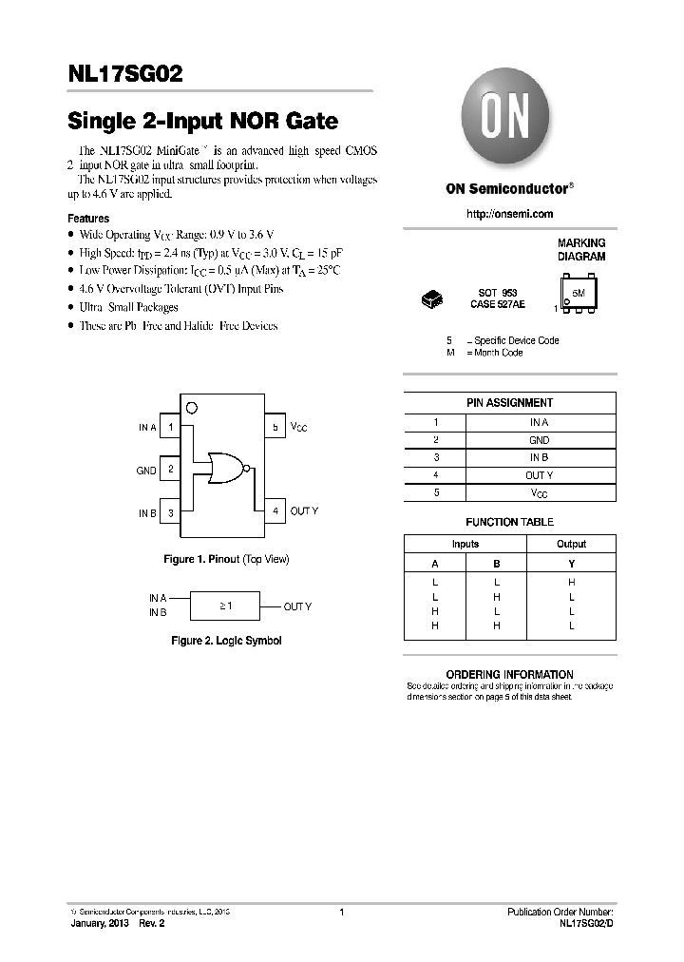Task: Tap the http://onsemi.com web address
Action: point(510,215)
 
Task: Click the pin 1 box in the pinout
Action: point(170,428)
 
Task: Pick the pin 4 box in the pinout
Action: point(275,511)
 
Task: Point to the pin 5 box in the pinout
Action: point(275,428)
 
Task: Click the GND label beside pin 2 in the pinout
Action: point(146,470)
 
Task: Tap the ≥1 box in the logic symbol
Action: point(224,606)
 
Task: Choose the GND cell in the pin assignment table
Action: point(539,440)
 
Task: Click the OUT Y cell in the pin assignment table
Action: point(539,475)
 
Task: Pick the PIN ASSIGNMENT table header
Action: point(509,403)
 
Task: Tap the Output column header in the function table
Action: point(571,544)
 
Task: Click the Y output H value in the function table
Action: point(571,581)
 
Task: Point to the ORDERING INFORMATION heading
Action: point(509,674)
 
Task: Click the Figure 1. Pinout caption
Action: point(226,559)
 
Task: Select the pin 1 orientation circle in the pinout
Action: point(192,409)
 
